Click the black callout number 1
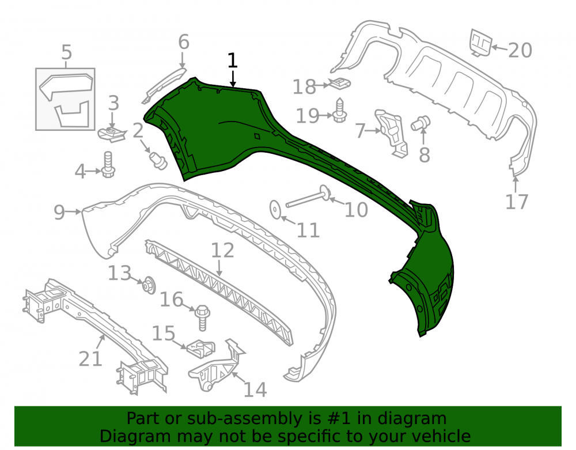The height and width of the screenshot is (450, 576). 232,60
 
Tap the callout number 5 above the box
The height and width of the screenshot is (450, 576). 66,52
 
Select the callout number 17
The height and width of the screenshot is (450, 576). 517,202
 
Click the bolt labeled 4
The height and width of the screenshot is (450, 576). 108,165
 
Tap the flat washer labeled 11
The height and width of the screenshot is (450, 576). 275,209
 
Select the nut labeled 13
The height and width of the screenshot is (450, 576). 149,285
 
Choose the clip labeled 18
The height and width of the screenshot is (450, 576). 340,84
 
